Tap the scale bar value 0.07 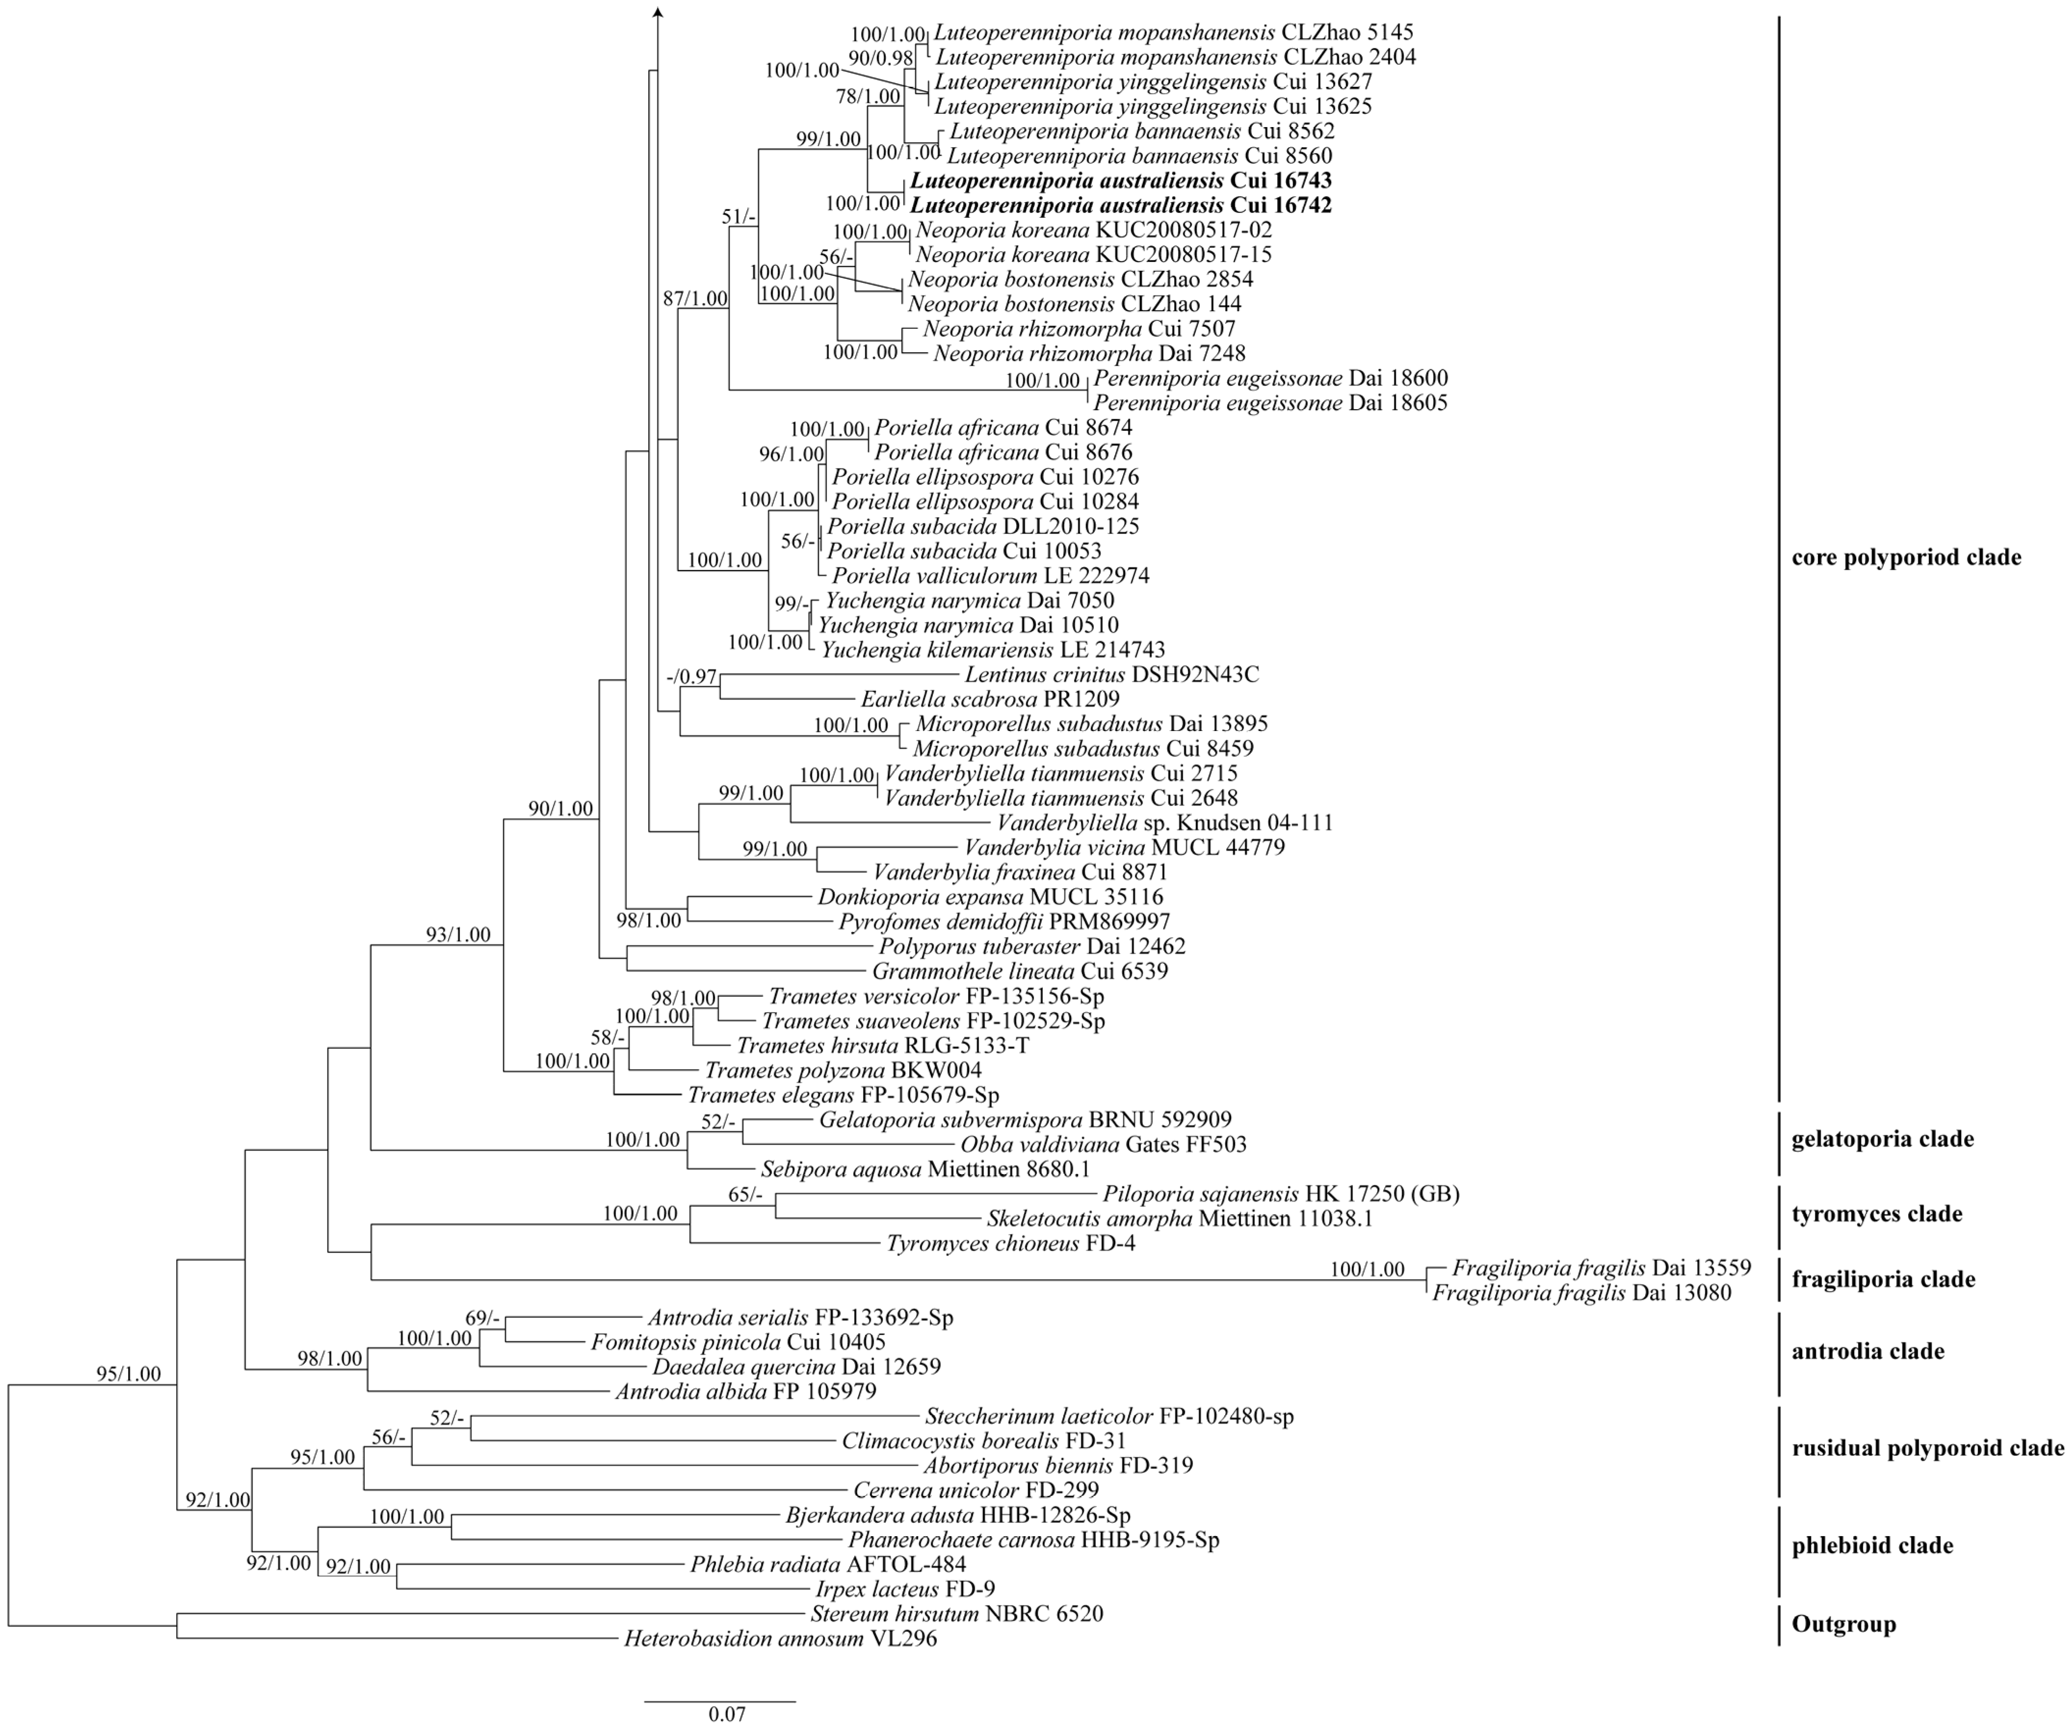click(727, 1714)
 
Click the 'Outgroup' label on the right click(1843, 1624)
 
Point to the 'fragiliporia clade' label click(1883, 1279)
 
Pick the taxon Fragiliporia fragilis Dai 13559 click(1600, 1267)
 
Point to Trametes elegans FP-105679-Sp click(843, 1095)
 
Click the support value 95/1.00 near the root click(128, 1374)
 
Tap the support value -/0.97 click(691, 677)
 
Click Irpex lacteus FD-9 click(904, 1589)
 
